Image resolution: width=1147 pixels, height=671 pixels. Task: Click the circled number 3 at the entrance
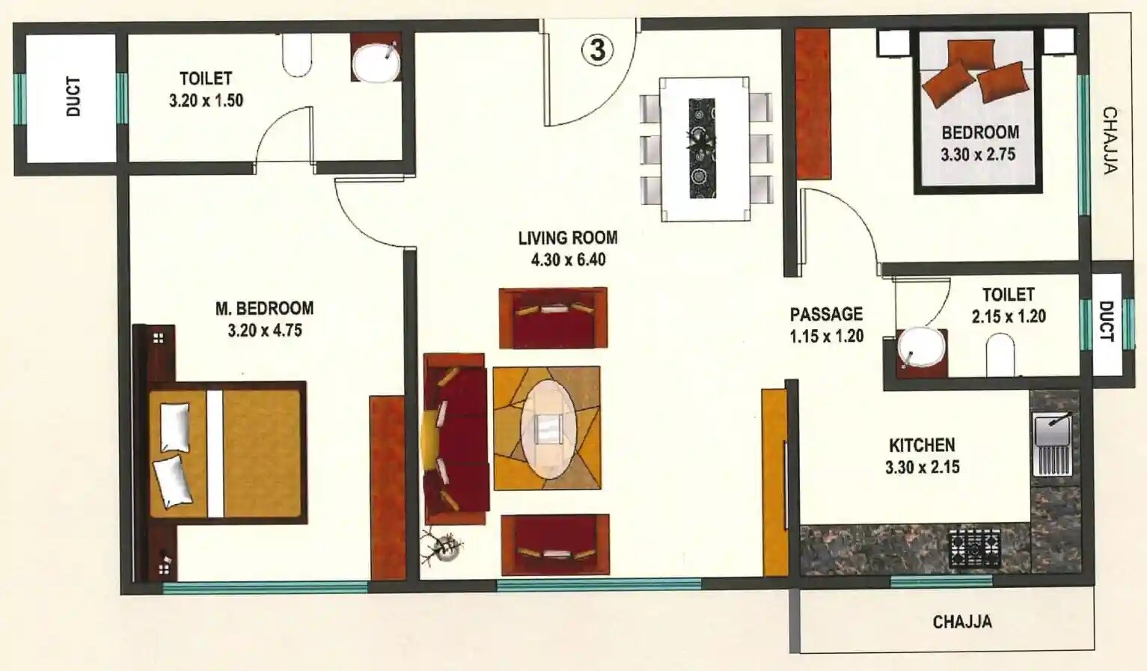(x=597, y=50)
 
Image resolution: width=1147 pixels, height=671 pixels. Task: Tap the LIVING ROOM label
(x=568, y=238)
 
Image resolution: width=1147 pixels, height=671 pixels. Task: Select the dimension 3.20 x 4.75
(x=265, y=330)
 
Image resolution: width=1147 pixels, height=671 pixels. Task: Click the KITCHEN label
(x=922, y=445)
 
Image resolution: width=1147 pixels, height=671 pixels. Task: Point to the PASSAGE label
(x=826, y=314)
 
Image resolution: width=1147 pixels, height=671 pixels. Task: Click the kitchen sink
(x=1052, y=446)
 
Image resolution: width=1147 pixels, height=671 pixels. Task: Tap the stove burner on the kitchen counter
(x=975, y=548)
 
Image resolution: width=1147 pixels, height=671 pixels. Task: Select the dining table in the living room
(x=704, y=149)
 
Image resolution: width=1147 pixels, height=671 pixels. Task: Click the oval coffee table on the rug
(x=548, y=429)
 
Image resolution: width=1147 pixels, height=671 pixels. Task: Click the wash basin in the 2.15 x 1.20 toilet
(x=921, y=348)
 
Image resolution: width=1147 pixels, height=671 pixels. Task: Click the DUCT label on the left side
(x=73, y=96)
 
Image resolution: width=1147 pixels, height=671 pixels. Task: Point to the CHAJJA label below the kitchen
(x=962, y=622)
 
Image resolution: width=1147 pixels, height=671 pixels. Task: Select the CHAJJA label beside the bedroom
(x=1110, y=140)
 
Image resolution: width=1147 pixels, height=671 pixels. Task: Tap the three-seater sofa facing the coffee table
(x=456, y=439)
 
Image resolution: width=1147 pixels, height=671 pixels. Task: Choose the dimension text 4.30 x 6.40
(x=568, y=260)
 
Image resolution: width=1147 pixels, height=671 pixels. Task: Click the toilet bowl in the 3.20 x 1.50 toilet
(x=297, y=55)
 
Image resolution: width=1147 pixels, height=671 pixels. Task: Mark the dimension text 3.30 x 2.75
(x=978, y=154)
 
